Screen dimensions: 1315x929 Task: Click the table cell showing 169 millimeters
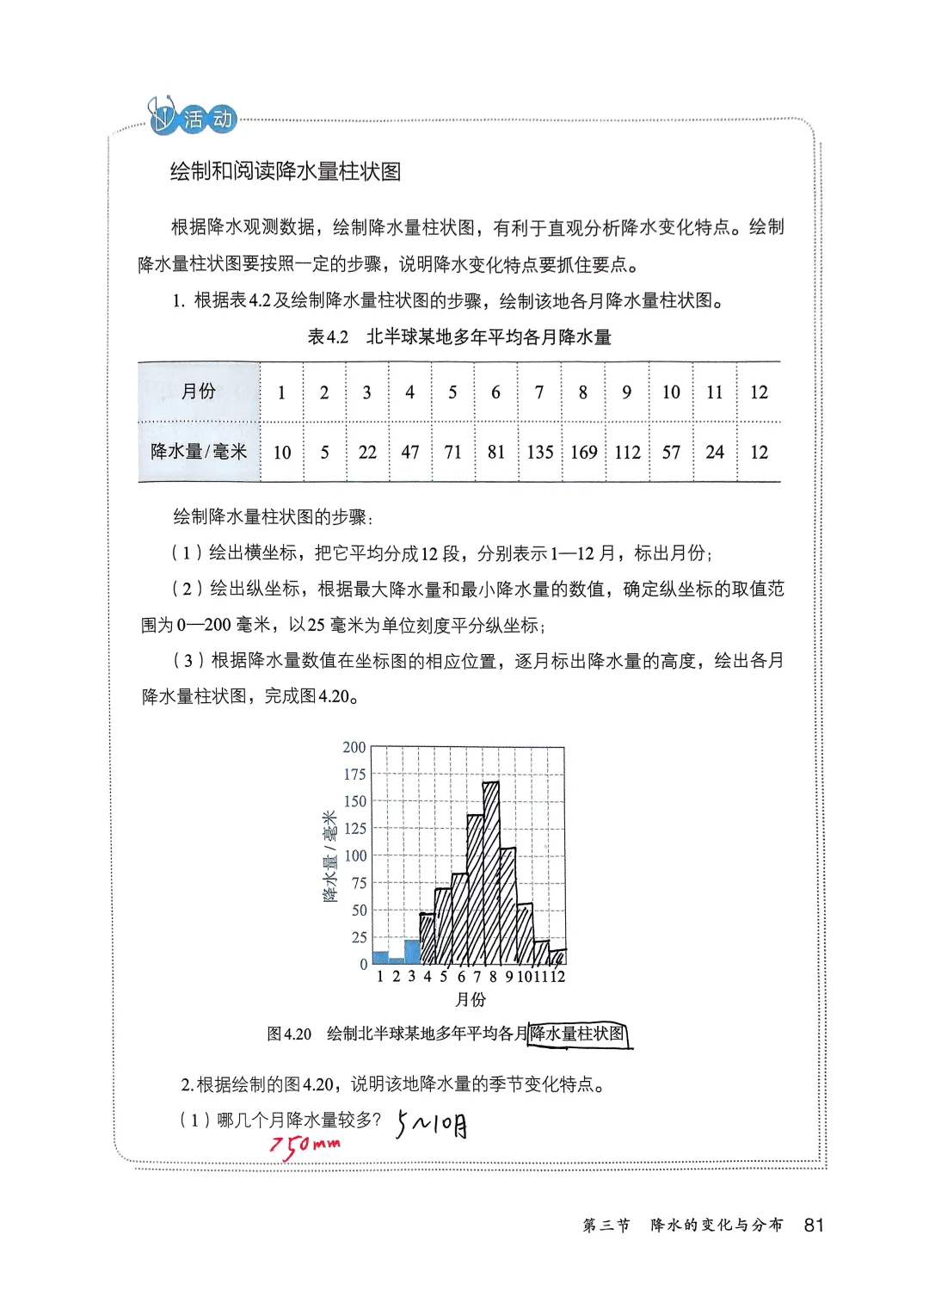583,452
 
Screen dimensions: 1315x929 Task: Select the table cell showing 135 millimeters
539,452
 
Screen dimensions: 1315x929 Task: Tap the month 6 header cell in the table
495,392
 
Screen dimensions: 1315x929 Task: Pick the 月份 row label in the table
199,392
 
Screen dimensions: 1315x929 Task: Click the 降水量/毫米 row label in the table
199,452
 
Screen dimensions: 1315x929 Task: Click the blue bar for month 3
412,952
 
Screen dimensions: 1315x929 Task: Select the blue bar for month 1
380,958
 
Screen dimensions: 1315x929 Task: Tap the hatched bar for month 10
524,934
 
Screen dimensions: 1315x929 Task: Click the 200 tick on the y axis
354,747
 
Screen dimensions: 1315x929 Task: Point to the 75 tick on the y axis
358,883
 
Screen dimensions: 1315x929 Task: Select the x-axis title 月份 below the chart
470,999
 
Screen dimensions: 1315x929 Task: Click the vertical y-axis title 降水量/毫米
330,856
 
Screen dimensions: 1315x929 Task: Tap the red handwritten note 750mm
305,1145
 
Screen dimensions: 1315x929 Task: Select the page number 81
813,1225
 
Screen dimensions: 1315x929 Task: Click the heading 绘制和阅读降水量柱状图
286,172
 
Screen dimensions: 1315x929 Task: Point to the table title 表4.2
328,337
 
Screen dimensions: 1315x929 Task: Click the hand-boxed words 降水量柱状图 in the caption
579,1034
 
